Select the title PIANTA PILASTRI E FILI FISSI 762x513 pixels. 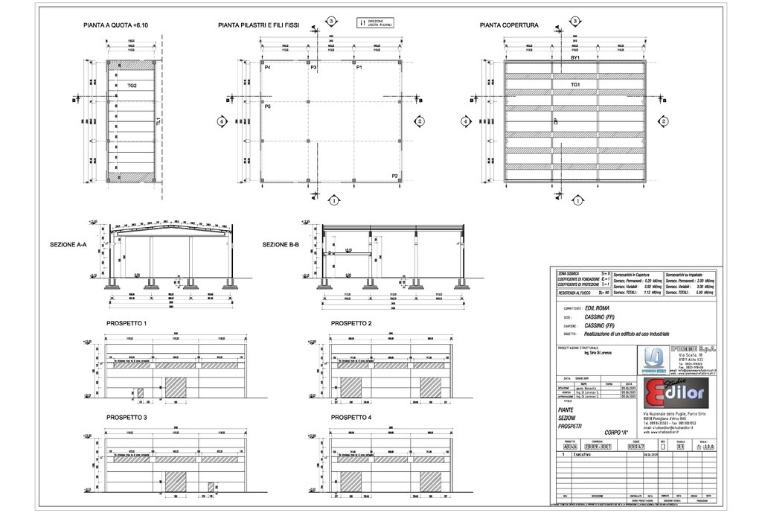[258, 26]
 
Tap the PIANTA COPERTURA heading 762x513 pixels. [509, 26]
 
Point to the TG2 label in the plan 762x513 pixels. [132, 86]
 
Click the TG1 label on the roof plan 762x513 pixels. [575, 85]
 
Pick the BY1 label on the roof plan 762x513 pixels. [575, 58]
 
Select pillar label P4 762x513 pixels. [266, 68]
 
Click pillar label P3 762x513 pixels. [314, 68]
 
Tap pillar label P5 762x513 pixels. [266, 107]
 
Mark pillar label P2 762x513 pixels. [396, 175]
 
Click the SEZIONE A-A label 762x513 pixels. [68, 244]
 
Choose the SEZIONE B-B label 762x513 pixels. [281, 244]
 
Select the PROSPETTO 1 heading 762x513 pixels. [127, 324]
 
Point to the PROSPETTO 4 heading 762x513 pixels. [350, 418]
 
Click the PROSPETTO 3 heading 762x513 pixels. [127, 418]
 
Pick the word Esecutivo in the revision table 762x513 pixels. [583, 454]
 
